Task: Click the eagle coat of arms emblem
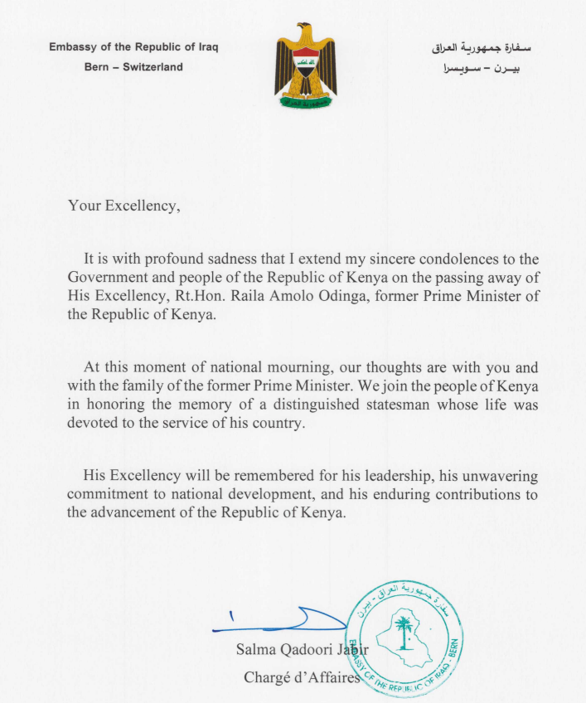(x=305, y=66)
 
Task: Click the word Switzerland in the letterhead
(x=153, y=67)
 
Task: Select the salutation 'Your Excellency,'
(x=123, y=206)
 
